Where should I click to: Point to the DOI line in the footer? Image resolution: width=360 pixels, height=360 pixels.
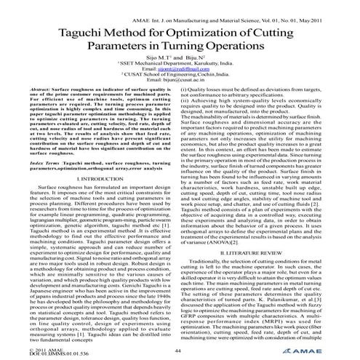pos(44,354)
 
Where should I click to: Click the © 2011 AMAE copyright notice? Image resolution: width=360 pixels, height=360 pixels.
pos(36,349)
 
